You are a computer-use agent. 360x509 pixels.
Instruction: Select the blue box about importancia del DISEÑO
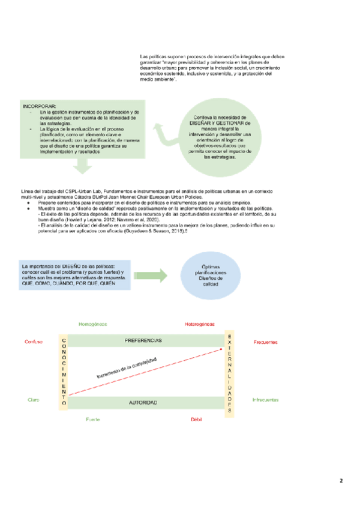click(73, 274)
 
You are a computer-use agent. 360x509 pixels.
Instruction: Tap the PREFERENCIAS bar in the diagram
click(143, 340)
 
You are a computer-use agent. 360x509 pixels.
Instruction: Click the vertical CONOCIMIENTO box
click(63, 373)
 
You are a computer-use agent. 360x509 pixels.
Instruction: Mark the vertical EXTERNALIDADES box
click(229, 372)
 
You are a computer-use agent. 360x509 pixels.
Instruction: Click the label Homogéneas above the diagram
click(92, 324)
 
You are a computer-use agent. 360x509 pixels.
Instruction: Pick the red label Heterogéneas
click(200, 324)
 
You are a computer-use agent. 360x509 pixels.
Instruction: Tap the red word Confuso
click(33, 342)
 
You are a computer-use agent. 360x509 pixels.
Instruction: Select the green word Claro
click(33, 399)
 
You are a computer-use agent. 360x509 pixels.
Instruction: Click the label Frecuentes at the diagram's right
click(265, 342)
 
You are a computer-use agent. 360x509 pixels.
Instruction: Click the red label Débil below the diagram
click(197, 420)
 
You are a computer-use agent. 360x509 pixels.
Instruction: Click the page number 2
click(341, 481)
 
